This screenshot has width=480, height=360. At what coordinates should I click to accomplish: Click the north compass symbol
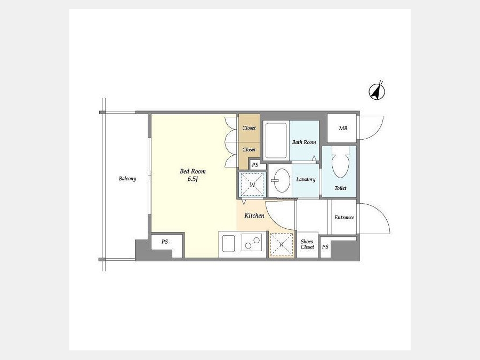[x=377, y=91]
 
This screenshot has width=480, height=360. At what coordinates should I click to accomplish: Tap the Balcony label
[x=127, y=179]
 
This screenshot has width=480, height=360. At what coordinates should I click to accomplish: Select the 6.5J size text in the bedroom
[x=193, y=179]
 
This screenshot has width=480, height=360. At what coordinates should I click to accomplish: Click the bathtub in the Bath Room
[x=276, y=140]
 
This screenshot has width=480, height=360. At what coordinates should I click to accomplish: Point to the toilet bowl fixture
[x=340, y=162]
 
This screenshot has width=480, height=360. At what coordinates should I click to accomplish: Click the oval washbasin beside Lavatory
[x=282, y=180]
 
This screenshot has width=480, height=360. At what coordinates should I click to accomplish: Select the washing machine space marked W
[x=252, y=185]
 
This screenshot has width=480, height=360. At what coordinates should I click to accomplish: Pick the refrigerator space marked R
[x=281, y=244]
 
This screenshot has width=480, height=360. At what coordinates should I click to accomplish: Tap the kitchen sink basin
[x=228, y=243]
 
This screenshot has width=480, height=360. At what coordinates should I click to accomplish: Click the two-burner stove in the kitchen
[x=252, y=242]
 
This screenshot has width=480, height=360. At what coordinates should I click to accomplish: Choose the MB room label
[x=343, y=129]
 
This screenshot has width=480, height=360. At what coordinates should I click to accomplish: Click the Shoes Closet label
[x=307, y=244]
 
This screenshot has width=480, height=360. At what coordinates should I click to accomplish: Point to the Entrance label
[x=344, y=218]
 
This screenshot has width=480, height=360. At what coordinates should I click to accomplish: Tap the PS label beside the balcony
[x=165, y=242]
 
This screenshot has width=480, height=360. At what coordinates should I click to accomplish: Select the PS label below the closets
[x=255, y=165]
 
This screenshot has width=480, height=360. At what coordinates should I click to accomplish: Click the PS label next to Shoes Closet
[x=325, y=246]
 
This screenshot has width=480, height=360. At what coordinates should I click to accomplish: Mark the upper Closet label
[x=249, y=128]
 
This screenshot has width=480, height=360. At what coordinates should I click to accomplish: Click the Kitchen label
[x=254, y=215]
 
